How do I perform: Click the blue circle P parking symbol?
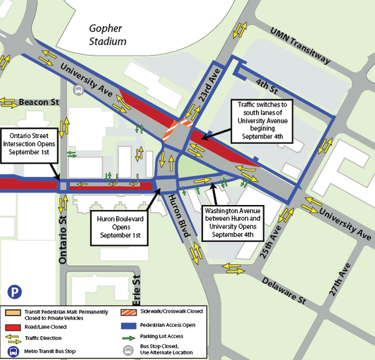coord(14,292)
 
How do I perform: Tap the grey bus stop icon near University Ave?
coord(78,90)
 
